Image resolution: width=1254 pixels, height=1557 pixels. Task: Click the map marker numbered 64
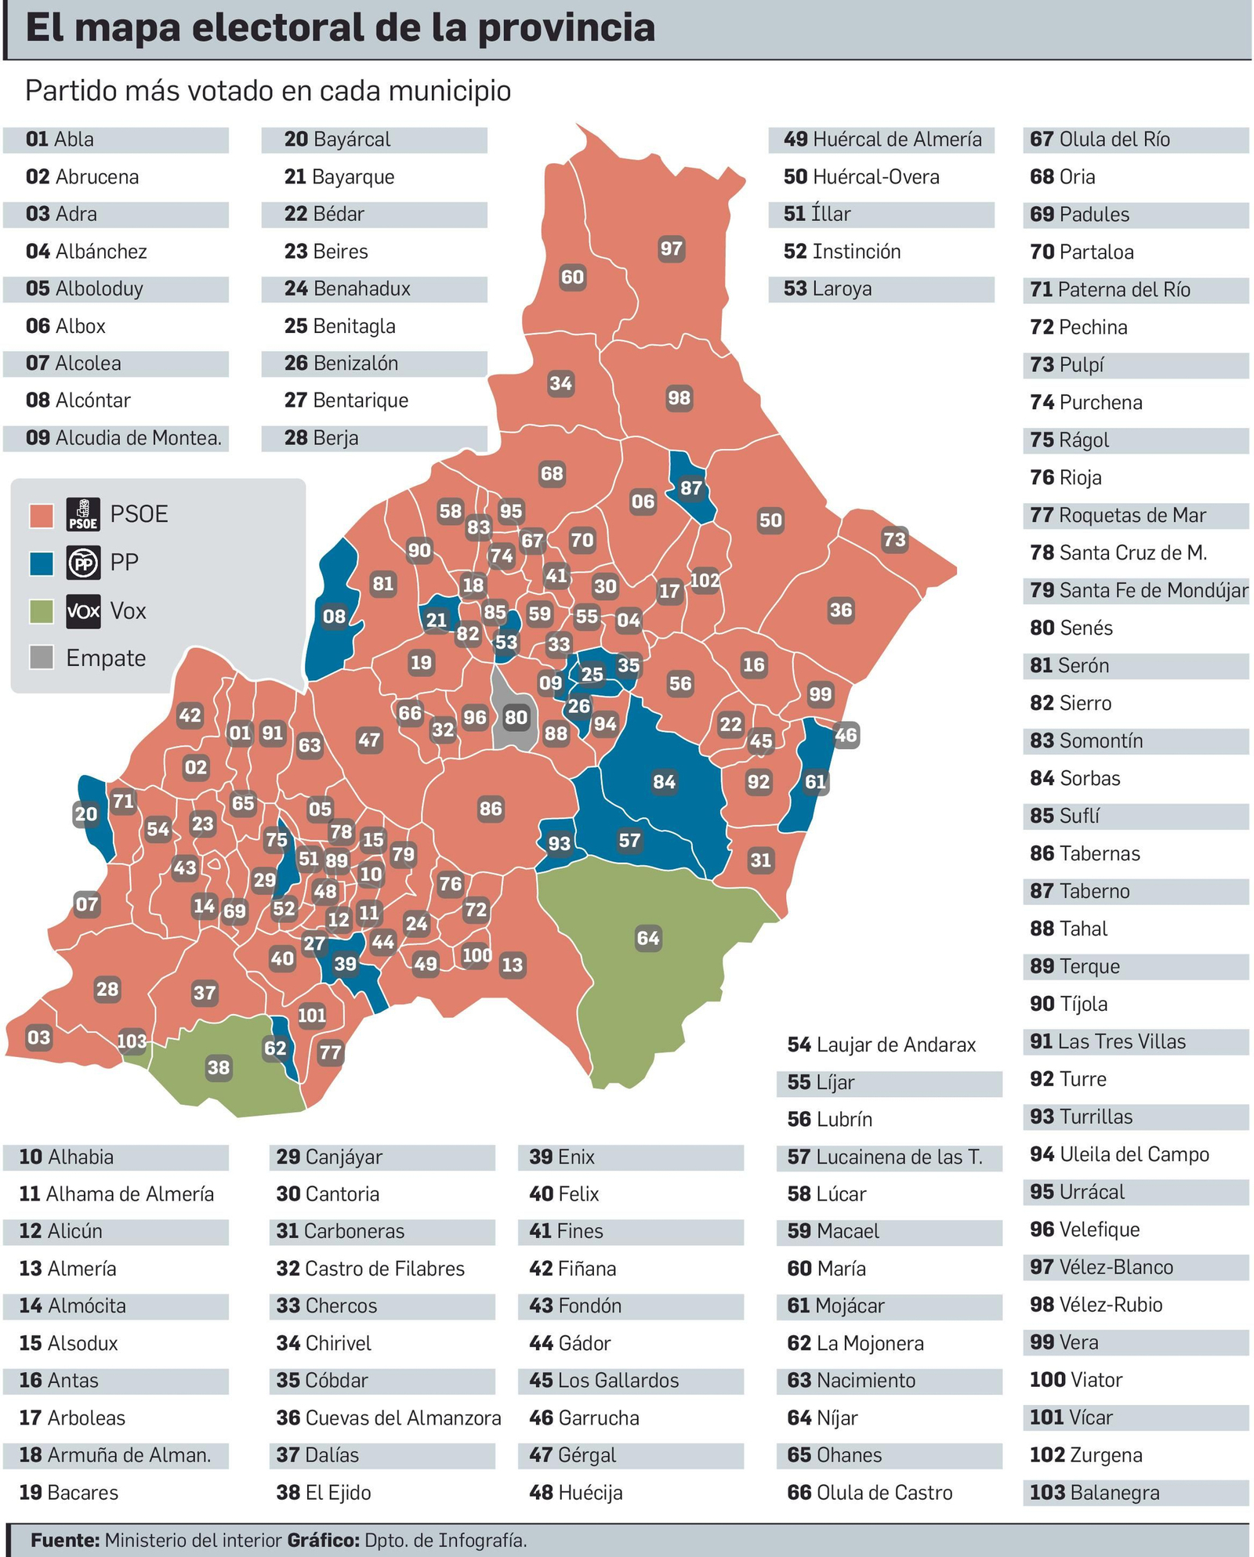click(648, 938)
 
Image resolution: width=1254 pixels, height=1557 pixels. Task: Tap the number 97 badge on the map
click(671, 249)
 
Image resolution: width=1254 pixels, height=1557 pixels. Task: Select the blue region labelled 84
click(664, 781)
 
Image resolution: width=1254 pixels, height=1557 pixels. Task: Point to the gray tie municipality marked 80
click(516, 717)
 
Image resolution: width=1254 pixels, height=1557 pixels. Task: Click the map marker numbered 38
click(219, 1067)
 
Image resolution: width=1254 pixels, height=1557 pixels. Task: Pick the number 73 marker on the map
click(894, 539)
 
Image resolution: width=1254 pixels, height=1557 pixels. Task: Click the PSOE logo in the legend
click(83, 515)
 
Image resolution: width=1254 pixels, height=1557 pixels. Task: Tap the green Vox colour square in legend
click(41, 611)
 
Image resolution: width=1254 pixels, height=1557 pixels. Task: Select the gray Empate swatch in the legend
click(41, 657)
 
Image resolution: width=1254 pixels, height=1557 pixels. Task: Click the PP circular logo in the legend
click(83, 563)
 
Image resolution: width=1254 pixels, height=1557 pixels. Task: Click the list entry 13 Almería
click(68, 1268)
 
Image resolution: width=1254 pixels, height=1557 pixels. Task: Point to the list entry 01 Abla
click(60, 139)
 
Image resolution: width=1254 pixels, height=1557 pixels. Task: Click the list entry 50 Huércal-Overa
click(861, 177)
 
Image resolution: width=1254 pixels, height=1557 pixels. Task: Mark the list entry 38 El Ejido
click(324, 1493)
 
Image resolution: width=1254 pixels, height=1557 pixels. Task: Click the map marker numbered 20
click(85, 814)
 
